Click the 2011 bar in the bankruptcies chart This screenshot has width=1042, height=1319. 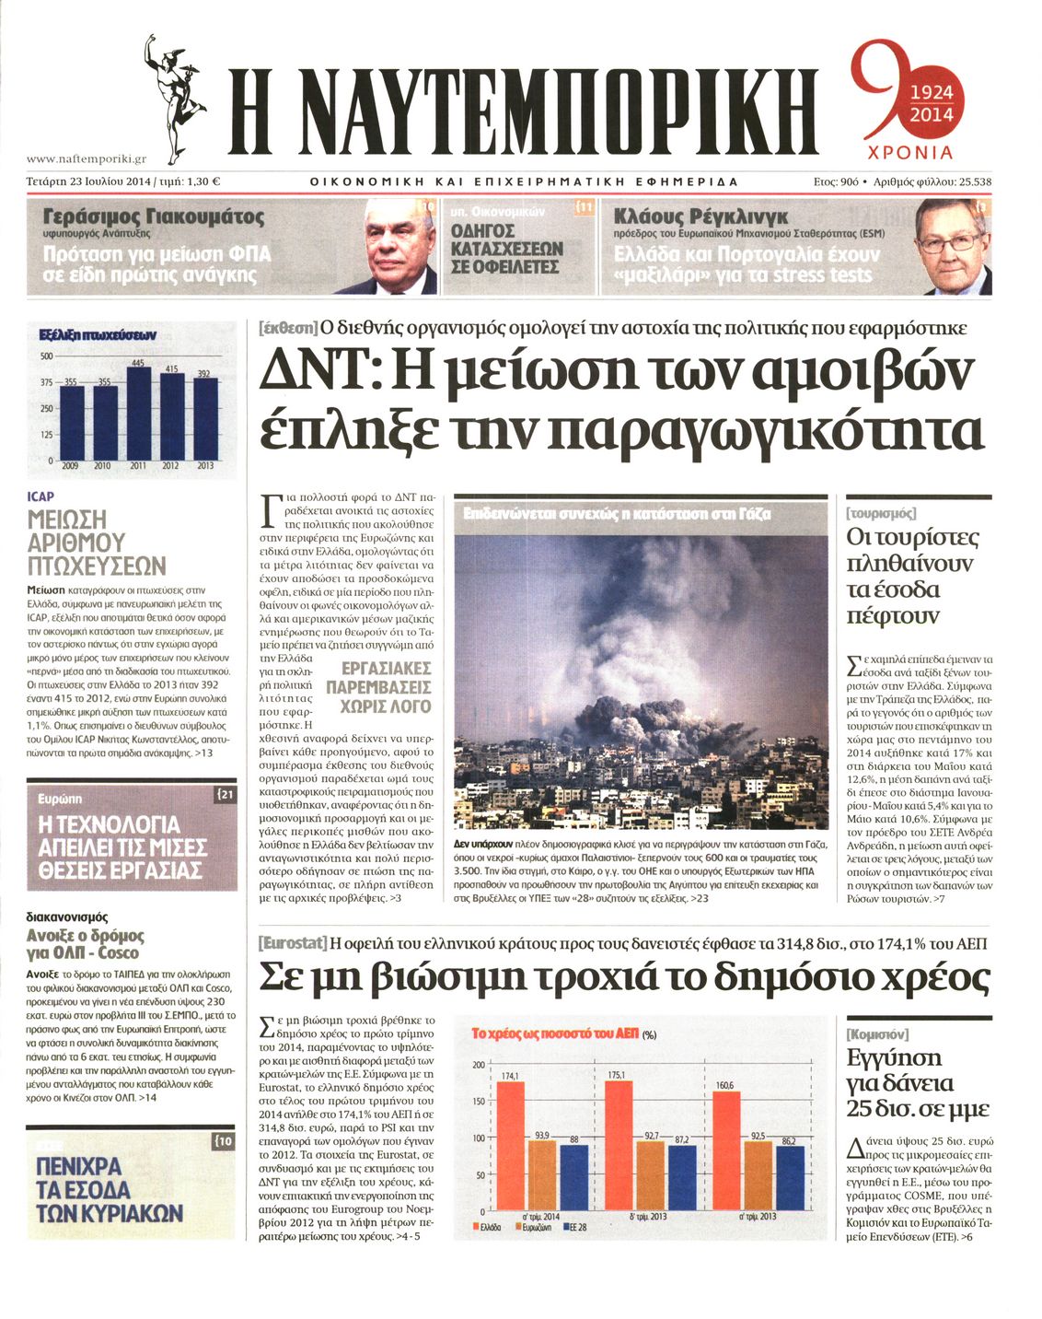(138, 413)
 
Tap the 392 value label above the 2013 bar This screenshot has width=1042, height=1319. (204, 374)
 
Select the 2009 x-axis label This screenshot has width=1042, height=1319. (69, 466)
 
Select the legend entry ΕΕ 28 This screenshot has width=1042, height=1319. (574, 1228)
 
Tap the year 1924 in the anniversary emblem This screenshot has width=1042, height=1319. (931, 94)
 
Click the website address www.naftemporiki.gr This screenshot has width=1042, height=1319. (87, 159)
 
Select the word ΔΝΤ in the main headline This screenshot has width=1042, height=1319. (318, 370)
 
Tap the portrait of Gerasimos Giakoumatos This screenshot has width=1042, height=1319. (399, 249)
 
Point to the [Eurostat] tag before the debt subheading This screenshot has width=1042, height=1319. (293, 943)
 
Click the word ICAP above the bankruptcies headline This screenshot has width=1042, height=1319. (41, 496)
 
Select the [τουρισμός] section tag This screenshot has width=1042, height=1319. (880, 513)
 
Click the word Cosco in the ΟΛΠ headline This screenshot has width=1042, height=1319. (119, 952)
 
